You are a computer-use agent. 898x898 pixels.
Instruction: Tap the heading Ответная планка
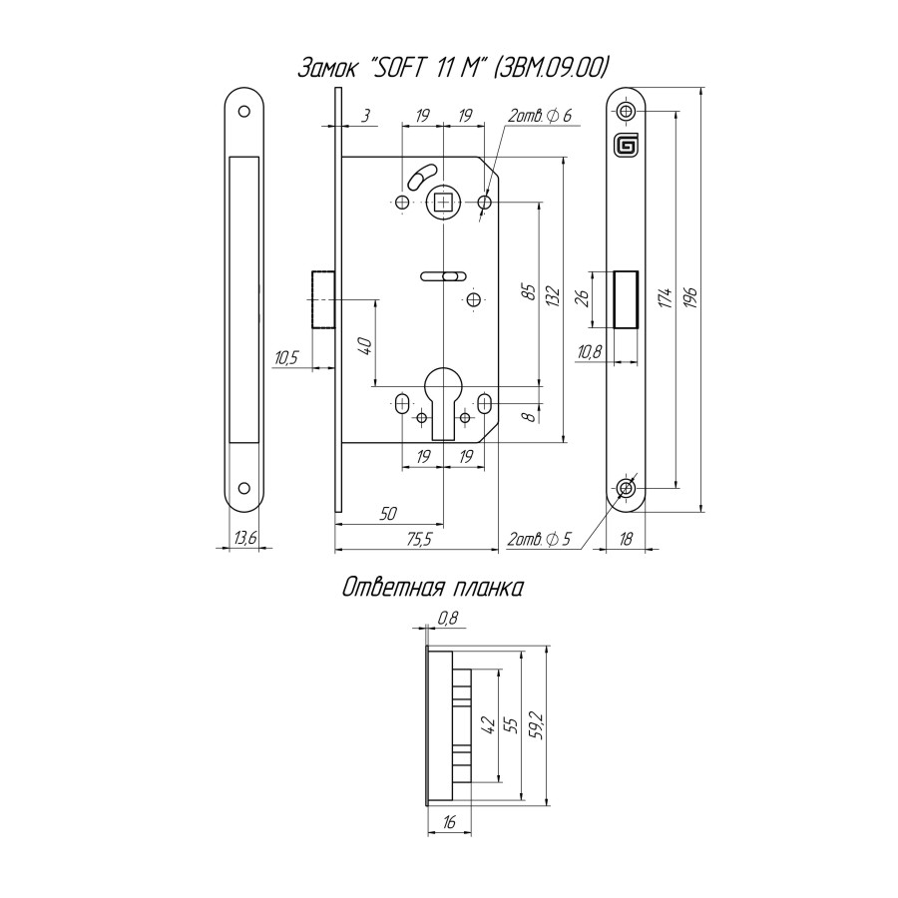pos(432,588)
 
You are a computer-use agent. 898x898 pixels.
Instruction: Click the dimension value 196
pos(689,298)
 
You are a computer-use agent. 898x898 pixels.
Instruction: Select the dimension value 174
pos(663,298)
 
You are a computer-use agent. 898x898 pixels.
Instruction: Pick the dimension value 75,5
pos(416,540)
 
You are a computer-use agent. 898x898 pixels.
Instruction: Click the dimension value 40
pos(364,346)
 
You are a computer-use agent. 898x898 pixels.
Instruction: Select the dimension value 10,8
pos(590,350)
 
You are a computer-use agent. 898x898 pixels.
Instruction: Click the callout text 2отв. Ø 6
pos(539,117)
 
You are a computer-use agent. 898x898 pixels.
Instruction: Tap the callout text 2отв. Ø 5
pos(539,540)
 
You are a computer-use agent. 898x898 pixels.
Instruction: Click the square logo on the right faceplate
pos(626,146)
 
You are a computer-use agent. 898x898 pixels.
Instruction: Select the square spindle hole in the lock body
pos(442,204)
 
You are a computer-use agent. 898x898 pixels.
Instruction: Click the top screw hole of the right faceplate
pos(626,110)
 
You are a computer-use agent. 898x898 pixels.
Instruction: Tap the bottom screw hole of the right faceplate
pos(626,488)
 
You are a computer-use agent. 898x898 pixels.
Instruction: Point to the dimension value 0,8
pos(448,619)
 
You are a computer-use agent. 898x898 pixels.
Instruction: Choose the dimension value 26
pos(584,297)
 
